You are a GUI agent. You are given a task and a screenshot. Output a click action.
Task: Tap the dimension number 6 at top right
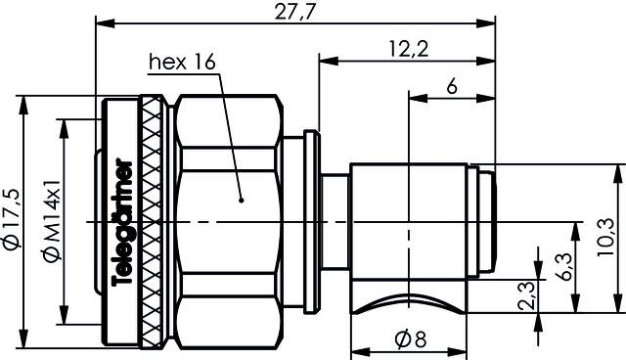[x=451, y=86]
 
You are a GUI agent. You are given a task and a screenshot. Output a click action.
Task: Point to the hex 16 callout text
[x=181, y=64]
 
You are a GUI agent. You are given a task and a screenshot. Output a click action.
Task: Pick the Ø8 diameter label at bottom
[x=410, y=339]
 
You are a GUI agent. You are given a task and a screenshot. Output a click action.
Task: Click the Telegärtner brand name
[x=123, y=220]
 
